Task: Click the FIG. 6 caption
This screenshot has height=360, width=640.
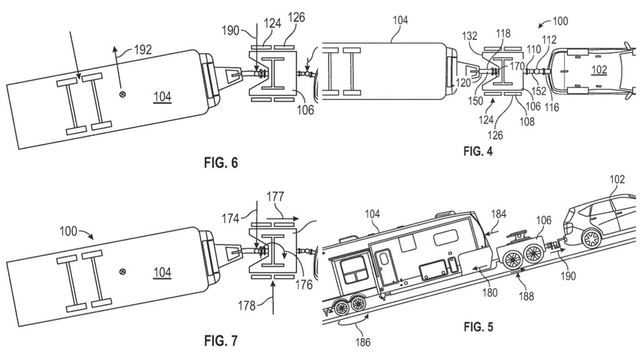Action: [221, 163]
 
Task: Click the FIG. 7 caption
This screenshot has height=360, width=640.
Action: [221, 341]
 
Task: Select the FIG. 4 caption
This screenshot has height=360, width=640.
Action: [478, 151]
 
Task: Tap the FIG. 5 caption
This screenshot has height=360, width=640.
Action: [478, 327]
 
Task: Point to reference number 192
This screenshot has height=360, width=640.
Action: [142, 50]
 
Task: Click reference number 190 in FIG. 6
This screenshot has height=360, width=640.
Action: [231, 31]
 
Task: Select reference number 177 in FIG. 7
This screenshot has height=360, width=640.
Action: [275, 197]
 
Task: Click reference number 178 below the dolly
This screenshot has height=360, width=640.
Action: [247, 305]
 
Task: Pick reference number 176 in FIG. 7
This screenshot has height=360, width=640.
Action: [304, 284]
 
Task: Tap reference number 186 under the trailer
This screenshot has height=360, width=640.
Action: [363, 341]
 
